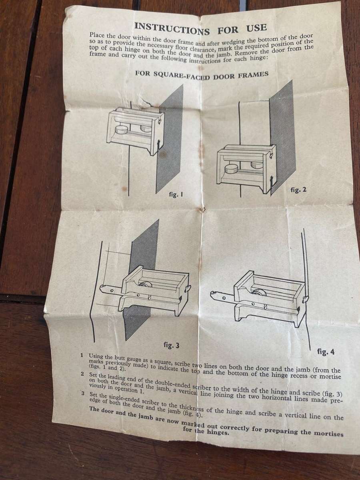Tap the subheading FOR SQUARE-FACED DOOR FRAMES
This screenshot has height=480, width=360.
tap(202, 75)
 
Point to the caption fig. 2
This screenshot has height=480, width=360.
tap(298, 190)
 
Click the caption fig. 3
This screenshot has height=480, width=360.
tap(172, 345)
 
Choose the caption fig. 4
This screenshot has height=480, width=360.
tap(326, 352)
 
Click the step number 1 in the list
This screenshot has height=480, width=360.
tap(82, 355)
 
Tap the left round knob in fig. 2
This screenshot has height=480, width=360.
tap(231, 168)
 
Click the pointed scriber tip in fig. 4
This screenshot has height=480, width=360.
tap(212, 295)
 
